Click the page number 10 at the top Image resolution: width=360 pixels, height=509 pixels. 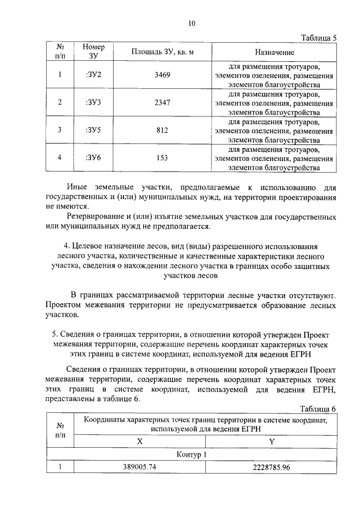[191, 24]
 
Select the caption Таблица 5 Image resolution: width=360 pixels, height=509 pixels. [318, 38]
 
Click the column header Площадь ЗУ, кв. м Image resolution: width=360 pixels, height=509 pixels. [163, 52]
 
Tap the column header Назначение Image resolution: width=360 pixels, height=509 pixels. [274, 52]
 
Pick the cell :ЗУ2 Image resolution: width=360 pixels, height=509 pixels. [93, 75]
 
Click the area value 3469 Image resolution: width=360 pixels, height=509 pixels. [162, 75]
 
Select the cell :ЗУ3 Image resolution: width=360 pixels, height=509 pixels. [93, 102]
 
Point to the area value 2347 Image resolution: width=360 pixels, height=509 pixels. [162, 102]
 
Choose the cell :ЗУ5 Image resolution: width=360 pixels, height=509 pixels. [93, 130]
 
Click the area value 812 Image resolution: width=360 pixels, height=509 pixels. [162, 130]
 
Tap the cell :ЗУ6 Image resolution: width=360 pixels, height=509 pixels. [93, 157]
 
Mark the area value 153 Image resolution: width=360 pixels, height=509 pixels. [162, 157]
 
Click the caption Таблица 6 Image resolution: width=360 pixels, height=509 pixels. [318, 408]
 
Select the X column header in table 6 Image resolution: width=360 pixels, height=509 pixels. [139, 442]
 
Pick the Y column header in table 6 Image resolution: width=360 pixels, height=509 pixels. [272, 442]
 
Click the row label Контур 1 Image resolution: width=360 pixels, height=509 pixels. [191, 454]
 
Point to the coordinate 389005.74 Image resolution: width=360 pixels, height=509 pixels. [139, 467]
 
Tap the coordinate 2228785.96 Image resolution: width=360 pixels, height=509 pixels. [272, 467]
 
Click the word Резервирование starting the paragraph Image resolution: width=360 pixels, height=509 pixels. [94, 217]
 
